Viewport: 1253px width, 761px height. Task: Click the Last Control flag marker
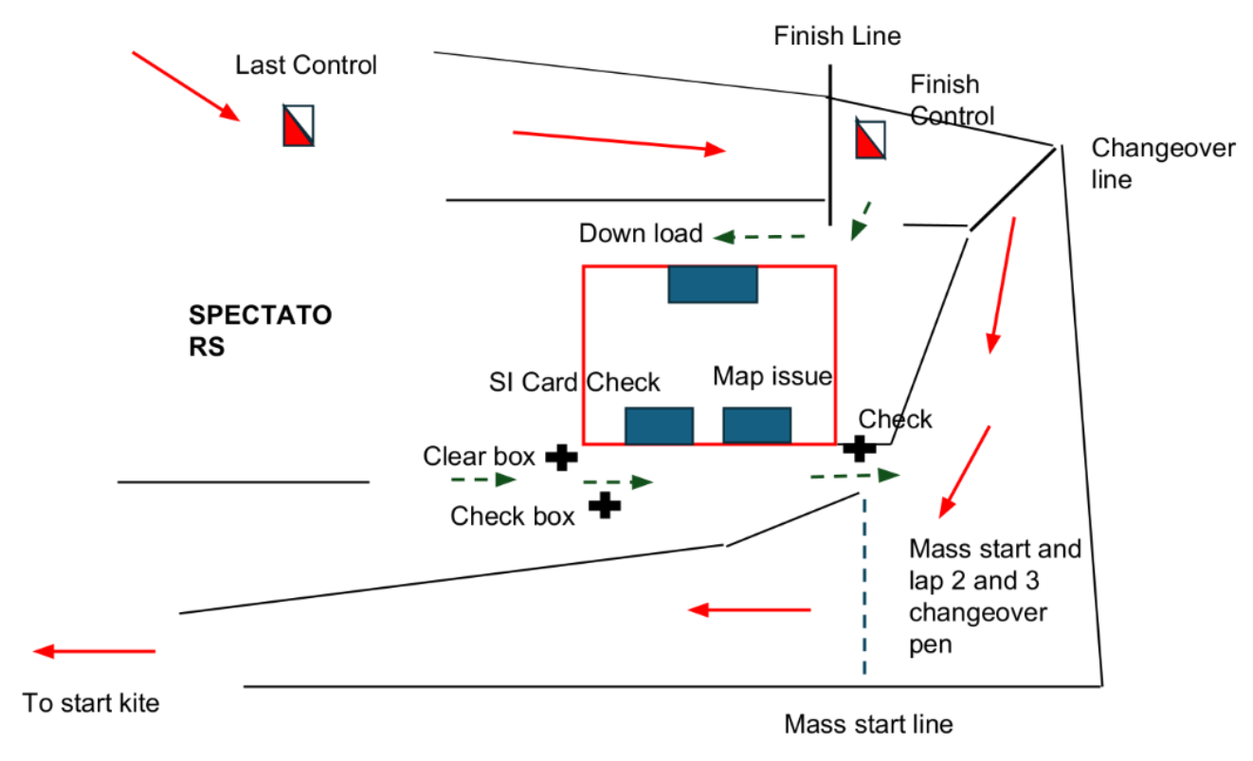298,125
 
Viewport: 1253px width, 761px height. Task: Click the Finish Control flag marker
870,139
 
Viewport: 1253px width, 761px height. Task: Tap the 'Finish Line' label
837,37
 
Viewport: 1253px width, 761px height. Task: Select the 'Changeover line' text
1163,163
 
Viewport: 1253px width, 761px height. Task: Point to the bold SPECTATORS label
260,330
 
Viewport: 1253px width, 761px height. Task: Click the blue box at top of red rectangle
712,284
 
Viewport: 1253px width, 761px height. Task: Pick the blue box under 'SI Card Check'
659,426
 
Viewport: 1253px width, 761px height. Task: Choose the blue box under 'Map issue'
756,426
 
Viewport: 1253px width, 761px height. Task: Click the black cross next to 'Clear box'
561,458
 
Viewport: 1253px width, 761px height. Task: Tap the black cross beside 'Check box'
604,505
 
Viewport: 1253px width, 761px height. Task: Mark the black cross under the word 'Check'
859,447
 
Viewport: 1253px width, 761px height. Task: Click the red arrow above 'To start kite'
94,651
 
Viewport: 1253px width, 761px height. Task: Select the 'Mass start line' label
867,725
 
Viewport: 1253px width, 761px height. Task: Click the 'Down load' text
641,233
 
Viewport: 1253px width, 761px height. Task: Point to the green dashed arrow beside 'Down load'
759,236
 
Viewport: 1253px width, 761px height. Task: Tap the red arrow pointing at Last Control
185,85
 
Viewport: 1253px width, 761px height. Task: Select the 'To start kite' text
91,703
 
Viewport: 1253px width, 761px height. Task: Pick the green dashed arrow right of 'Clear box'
616,481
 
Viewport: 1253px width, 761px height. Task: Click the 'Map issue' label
772,376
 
